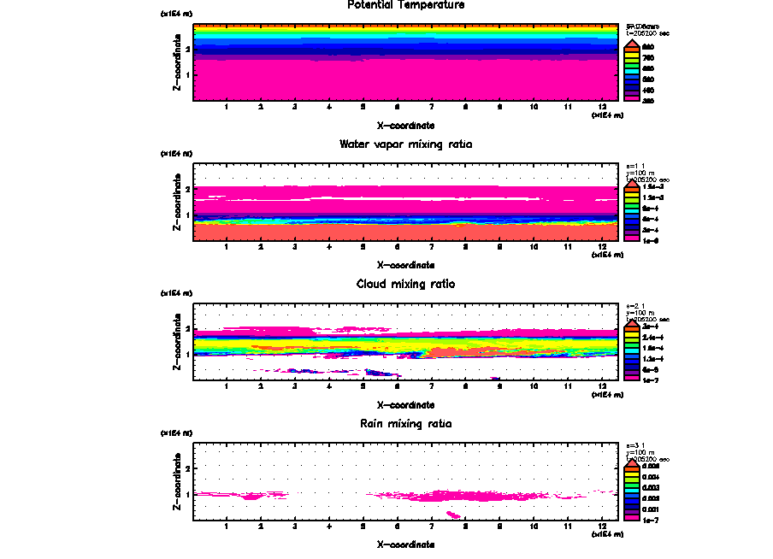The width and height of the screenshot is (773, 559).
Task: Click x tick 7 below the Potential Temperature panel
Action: tap(431, 107)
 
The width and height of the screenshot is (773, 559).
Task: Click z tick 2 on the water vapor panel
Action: tap(187, 189)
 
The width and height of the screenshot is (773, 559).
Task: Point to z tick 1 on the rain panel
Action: tap(187, 494)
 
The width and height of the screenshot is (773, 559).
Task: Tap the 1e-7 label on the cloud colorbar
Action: tap(651, 380)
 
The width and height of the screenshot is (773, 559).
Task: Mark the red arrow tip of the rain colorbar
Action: tap(633, 459)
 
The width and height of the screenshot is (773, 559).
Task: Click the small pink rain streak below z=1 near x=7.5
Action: tap(453, 515)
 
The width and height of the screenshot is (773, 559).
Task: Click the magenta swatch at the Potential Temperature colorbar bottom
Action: tap(633, 99)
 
